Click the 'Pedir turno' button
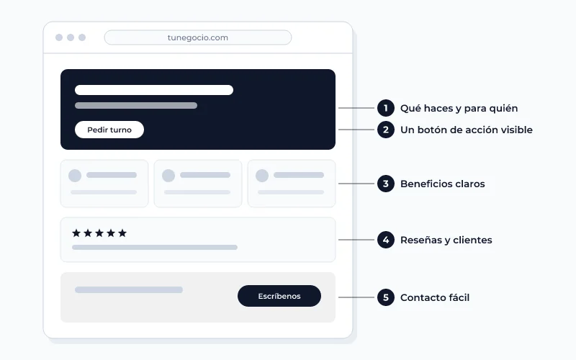click(x=109, y=130)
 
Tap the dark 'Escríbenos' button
click(x=279, y=296)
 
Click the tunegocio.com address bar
click(x=198, y=37)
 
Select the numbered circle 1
click(x=386, y=108)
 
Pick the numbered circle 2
click(x=386, y=130)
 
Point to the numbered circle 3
click(x=386, y=184)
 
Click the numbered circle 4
click(x=386, y=240)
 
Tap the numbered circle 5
click(x=386, y=297)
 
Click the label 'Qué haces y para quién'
click(x=459, y=109)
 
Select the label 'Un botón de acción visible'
click(x=466, y=130)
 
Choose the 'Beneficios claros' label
click(x=442, y=184)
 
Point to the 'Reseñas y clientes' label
click(x=446, y=240)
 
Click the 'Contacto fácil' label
click(x=435, y=297)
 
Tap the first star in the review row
click(x=76, y=233)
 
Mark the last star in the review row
click(x=122, y=233)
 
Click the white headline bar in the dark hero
click(x=154, y=90)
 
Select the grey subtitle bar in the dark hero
click(x=136, y=105)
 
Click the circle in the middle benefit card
click(x=168, y=176)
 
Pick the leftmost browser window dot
click(x=59, y=37)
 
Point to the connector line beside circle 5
click(x=356, y=297)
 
